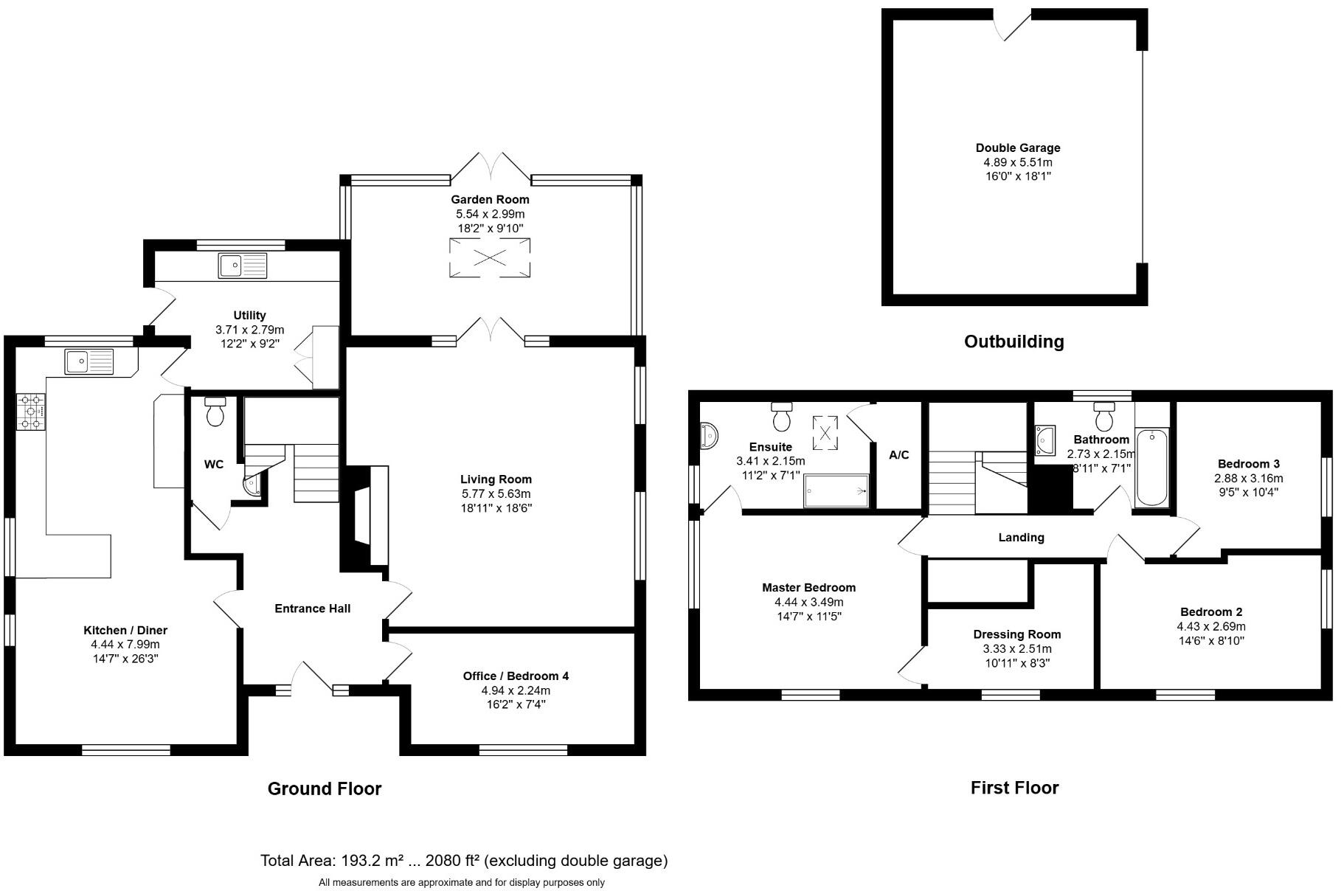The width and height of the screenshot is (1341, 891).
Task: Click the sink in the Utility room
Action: coord(243,266)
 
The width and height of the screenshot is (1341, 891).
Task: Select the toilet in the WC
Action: coord(215,412)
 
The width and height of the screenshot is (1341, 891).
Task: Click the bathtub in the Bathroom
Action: coord(1152,468)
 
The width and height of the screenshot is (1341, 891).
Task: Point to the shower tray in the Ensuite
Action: coord(836,490)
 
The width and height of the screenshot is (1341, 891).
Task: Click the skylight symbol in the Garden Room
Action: coord(490,257)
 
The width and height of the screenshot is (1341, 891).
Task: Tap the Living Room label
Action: coord(496,479)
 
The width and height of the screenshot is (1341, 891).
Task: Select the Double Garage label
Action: coord(1018,148)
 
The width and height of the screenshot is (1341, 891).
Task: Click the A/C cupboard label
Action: coord(898,455)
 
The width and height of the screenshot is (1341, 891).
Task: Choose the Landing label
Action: coord(1021,538)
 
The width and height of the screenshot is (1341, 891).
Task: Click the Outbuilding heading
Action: coord(1014,342)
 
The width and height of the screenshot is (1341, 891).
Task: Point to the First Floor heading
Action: coord(1014,788)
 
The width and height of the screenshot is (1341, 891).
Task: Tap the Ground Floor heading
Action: coord(325,788)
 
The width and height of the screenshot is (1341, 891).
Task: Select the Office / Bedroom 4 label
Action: coord(516,676)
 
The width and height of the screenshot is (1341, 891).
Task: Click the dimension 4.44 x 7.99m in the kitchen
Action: coord(125,645)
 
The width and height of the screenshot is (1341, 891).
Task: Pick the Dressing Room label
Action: coord(1017,634)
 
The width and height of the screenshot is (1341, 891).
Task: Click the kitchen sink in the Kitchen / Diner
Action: coord(89,361)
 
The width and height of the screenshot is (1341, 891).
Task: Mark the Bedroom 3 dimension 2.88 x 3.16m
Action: coord(1249,478)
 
